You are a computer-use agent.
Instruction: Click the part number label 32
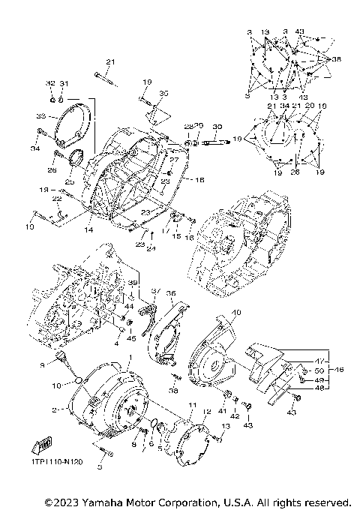(51, 82)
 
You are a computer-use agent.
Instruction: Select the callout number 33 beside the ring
(42, 116)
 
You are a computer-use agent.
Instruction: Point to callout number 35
(164, 94)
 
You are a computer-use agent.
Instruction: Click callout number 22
(56, 199)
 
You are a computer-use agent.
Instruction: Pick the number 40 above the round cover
(215, 312)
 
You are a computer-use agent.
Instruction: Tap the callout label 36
(170, 294)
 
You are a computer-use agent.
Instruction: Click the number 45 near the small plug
(132, 337)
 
